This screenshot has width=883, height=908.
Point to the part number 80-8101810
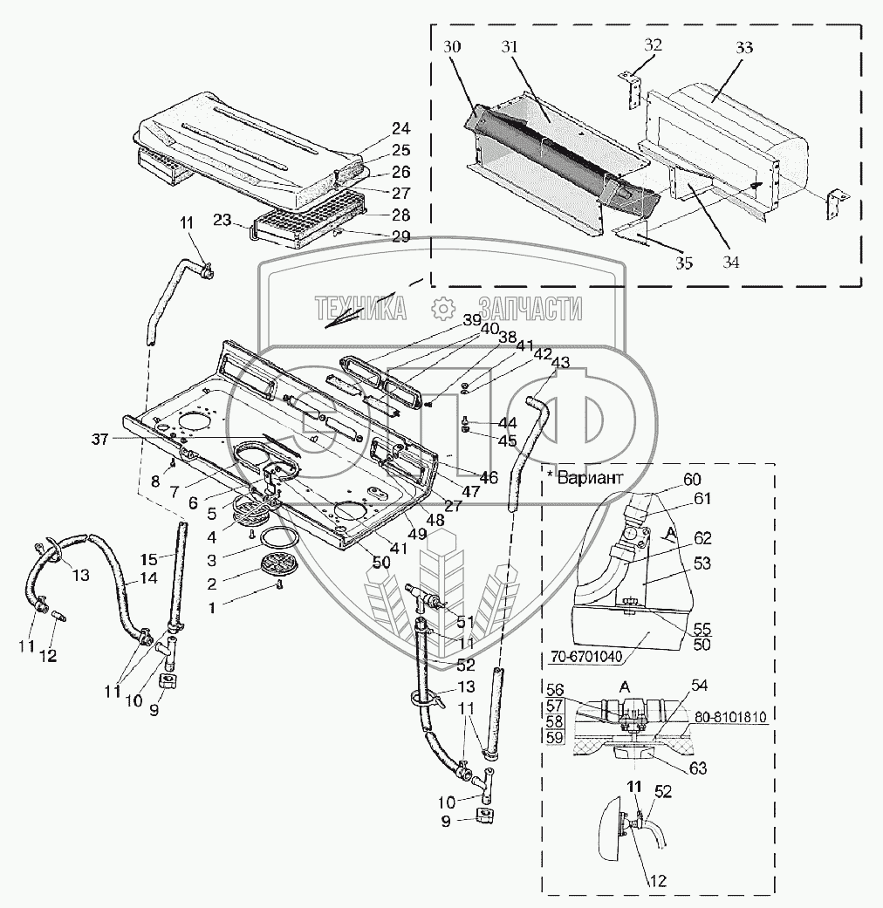click(x=731, y=718)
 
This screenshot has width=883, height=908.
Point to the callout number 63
click(x=695, y=768)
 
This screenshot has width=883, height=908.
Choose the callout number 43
click(x=560, y=362)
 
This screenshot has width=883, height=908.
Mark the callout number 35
click(x=682, y=261)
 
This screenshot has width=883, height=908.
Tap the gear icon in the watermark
click(x=443, y=308)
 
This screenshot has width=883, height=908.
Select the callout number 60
click(x=692, y=479)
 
